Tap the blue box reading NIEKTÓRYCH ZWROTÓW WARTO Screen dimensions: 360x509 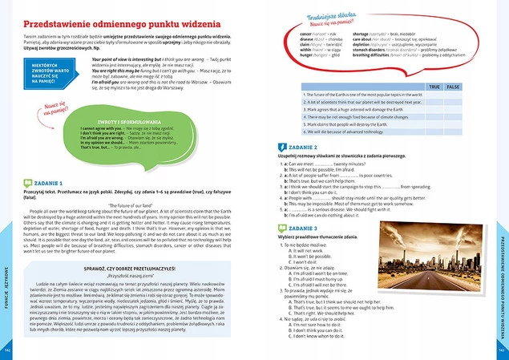click(x=63, y=73)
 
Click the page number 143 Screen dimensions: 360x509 click(x=502, y=350)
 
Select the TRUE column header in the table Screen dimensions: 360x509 click(x=434, y=86)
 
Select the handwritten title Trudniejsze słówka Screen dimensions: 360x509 click(x=331, y=15)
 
